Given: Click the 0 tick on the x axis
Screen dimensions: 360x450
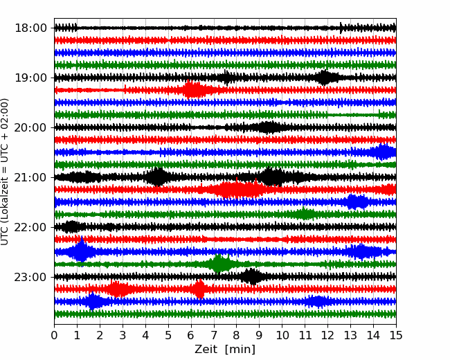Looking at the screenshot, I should tap(55, 336).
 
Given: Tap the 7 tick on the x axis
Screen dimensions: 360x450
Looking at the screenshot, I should tap(214, 336).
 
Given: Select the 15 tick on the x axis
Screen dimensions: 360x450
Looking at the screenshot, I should tap(395, 336).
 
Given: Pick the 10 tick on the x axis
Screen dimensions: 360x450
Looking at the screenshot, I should tap(282, 336).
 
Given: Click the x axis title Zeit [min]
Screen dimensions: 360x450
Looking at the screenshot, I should tap(225, 350).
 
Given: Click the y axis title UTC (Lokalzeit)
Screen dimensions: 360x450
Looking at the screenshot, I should tap(6, 171).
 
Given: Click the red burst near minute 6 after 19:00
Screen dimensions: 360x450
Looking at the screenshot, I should tap(194, 90).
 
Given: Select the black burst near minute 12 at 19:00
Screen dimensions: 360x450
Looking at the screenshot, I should tap(324, 78).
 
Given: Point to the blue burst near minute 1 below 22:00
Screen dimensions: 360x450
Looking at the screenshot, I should tap(81, 251).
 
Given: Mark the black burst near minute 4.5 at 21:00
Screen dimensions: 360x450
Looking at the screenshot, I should tap(158, 177).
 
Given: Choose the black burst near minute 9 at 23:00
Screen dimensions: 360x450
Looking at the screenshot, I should tap(253, 277).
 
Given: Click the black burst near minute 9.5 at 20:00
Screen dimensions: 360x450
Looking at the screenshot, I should tap(269, 127).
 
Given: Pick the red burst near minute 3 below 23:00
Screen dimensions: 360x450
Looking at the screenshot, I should tap(118, 289).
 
